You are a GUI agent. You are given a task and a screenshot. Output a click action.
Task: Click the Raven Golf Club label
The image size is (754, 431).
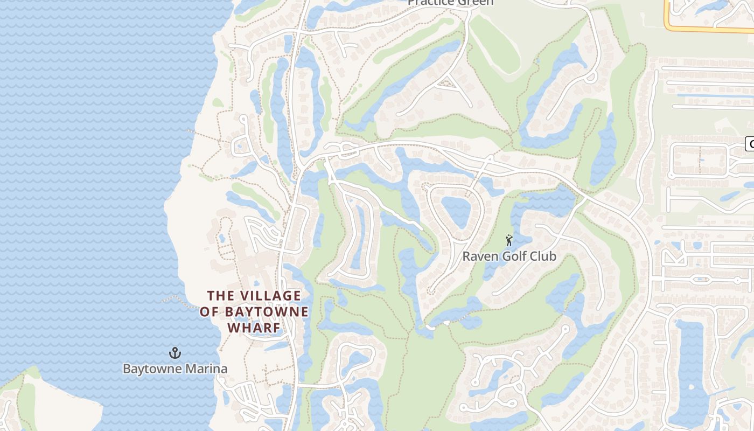pos(509,256)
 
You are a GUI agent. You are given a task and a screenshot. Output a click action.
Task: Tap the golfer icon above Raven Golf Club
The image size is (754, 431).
pos(509,240)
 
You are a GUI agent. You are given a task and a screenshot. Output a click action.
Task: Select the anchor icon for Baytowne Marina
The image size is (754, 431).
pos(174,353)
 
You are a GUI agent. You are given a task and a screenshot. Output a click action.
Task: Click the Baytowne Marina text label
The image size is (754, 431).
pos(175,369)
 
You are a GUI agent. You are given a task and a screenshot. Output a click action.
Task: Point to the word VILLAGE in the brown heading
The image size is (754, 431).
pos(270,296)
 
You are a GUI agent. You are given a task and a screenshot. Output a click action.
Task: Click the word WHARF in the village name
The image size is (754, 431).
pos(254,328)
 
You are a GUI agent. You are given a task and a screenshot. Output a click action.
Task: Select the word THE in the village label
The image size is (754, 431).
pos(221,296)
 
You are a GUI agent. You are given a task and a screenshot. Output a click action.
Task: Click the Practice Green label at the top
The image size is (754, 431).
pos(450,3)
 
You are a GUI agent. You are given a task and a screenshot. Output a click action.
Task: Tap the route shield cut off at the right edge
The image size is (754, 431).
pos(750,144)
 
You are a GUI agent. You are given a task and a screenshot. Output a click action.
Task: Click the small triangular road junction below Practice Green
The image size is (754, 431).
pos(445,83)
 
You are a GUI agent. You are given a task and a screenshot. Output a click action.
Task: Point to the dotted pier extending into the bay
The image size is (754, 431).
pos(178,300)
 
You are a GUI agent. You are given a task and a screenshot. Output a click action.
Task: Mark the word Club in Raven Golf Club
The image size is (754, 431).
pos(543,256)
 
